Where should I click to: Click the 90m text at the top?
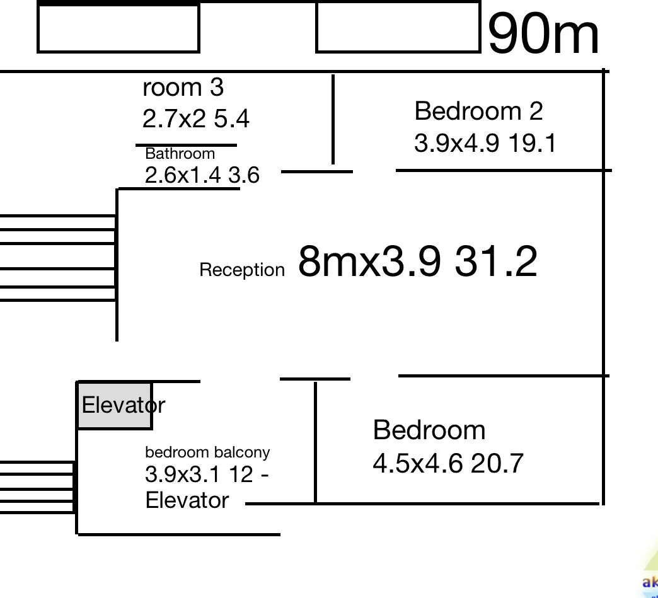[543, 35]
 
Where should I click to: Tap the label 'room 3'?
[183, 88]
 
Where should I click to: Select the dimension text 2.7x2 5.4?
[195, 118]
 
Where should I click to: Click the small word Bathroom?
[180, 154]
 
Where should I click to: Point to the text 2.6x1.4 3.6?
[202, 175]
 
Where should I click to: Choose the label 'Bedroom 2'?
[478, 112]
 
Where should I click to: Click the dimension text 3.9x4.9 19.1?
[485, 144]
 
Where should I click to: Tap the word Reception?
[242, 270]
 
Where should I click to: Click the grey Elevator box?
[115, 405]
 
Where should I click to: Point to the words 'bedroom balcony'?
[207, 452]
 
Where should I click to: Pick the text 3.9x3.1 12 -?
[207, 474]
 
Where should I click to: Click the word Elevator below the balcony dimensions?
[187, 500]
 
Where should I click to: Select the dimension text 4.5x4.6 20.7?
[448, 464]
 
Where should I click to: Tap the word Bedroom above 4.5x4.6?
[429, 430]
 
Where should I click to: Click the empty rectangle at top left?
[118, 28]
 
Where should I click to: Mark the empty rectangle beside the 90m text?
[398, 27]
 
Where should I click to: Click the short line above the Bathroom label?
[187, 145]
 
